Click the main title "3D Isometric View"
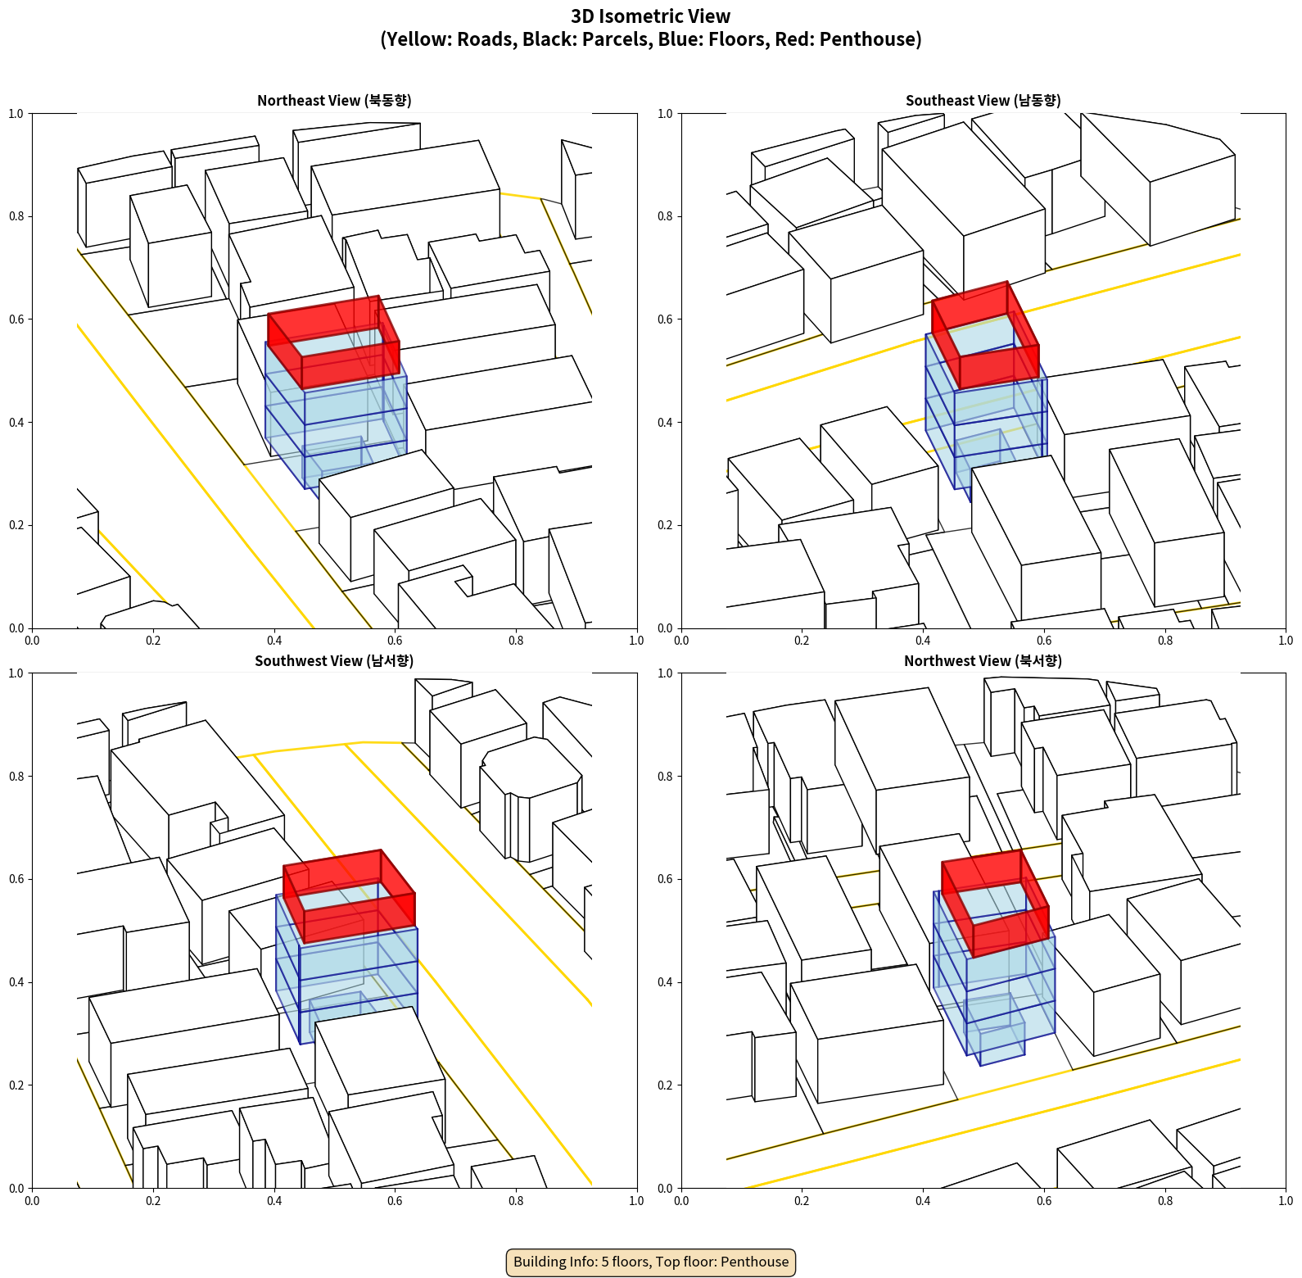coord(651,16)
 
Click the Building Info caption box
coord(651,1262)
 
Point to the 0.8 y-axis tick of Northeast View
coord(16,216)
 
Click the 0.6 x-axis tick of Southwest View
coord(395,1201)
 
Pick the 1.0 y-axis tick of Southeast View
coord(665,113)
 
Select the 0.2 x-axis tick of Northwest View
coord(802,1201)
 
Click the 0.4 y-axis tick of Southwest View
coord(16,982)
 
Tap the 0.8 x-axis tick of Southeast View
coord(1165,641)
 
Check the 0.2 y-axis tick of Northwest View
coord(665,1085)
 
